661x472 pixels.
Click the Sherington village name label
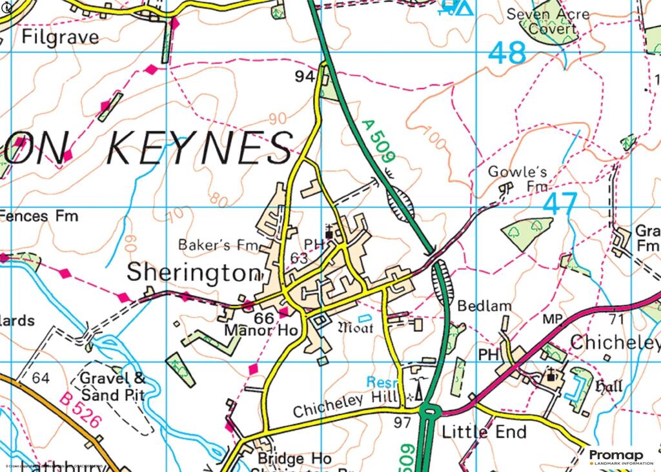[x=192, y=272]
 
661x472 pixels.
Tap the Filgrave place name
[x=61, y=36]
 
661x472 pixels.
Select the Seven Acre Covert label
[x=549, y=21]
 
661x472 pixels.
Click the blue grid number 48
[x=507, y=53]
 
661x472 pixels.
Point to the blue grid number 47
[x=560, y=205]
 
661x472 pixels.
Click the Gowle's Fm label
[x=518, y=179]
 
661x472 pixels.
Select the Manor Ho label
[x=261, y=331]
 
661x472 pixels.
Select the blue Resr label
[x=380, y=382]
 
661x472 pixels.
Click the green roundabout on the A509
[x=429, y=412]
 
